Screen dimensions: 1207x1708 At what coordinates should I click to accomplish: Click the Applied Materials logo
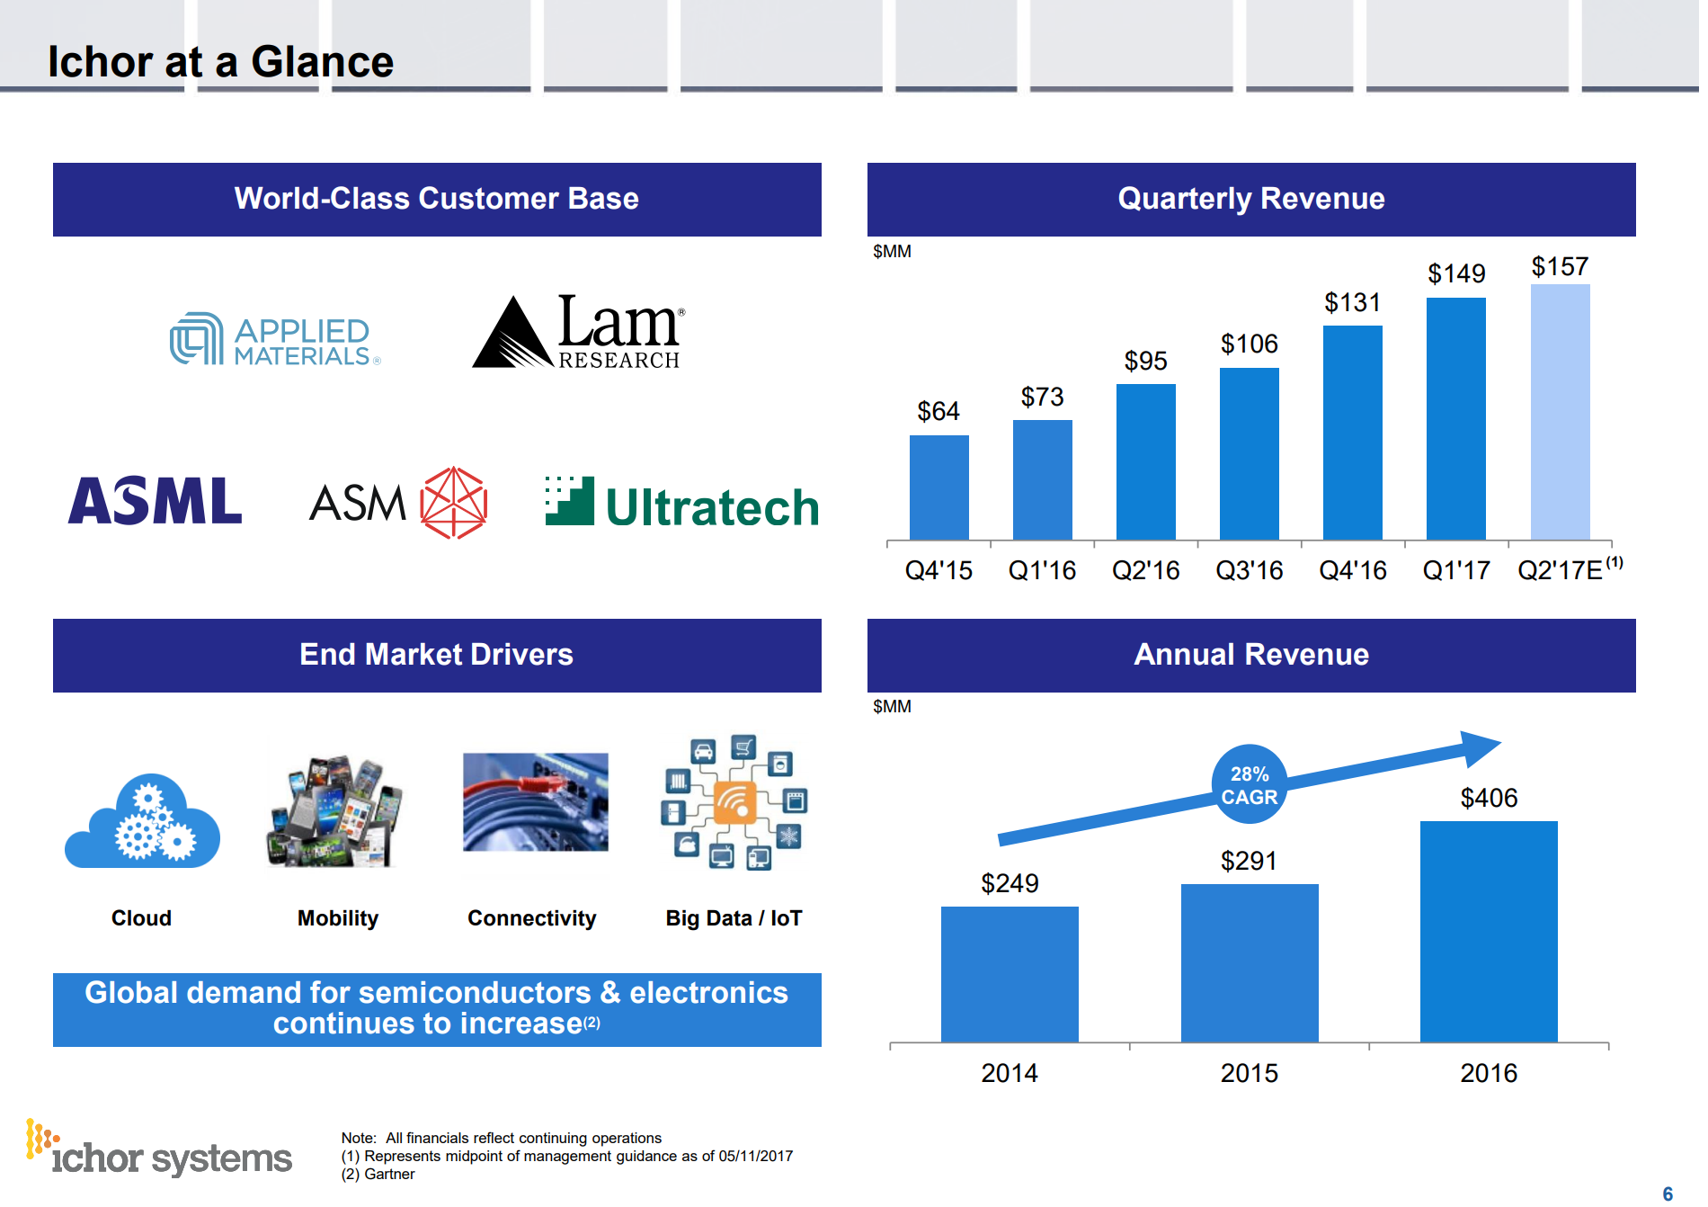click(275, 340)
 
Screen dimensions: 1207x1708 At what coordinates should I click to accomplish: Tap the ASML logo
click(156, 501)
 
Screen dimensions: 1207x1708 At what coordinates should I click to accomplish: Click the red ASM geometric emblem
click(453, 503)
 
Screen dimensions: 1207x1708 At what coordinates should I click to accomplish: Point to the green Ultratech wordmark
click(711, 507)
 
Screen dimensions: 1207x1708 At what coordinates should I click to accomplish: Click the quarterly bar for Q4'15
click(939, 487)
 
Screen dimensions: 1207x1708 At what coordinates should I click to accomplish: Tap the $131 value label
click(1352, 302)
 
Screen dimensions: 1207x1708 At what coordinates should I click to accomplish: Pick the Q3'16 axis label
click(1249, 570)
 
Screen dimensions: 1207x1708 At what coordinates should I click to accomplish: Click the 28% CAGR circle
click(1249, 785)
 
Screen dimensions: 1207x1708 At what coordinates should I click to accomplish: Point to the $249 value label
click(1010, 883)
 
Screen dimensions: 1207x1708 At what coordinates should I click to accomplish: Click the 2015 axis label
click(1249, 1073)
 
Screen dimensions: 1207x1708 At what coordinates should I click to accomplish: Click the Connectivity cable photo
click(535, 802)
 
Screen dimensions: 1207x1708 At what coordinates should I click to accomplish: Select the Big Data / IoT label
click(734, 918)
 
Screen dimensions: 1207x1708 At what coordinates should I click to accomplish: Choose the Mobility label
click(338, 918)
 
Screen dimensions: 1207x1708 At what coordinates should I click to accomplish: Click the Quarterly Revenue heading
click(1250, 199)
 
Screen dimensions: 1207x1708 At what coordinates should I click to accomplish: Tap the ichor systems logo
click(159, 1151)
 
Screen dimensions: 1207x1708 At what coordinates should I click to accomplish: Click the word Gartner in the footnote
click(389, 1175)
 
